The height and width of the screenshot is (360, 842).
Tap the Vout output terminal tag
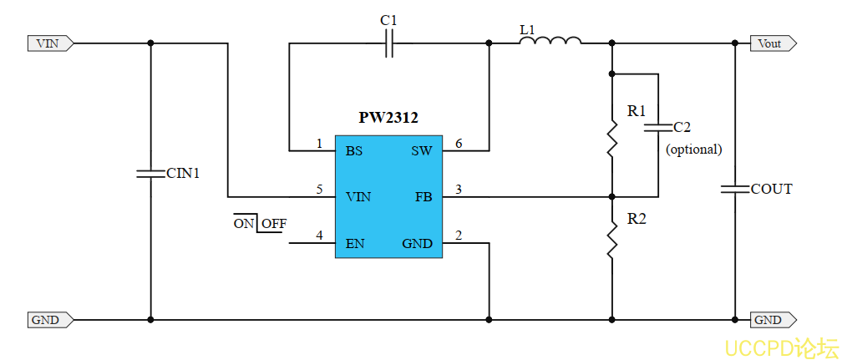(773, 43)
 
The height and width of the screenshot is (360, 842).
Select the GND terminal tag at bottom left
(49, 319)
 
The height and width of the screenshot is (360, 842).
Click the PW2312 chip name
(388, 119)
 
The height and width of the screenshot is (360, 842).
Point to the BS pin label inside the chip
(354, 151)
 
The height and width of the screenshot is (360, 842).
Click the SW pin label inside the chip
(421, 151)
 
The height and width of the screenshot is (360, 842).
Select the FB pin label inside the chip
(423, 197)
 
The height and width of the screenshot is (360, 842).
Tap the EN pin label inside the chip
(355, 244)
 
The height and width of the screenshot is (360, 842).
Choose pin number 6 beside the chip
(459, 144)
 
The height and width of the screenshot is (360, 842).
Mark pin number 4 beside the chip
(319, 236)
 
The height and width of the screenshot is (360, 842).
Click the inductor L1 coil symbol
(550, 41)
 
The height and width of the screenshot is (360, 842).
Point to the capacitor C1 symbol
(389, 43)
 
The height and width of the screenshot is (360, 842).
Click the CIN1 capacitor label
(183, 174)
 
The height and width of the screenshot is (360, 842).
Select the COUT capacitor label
(771, 190)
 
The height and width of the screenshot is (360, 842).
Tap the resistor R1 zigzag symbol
(612, 138)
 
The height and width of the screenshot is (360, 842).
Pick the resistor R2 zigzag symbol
(612, 241)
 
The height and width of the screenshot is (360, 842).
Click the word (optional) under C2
(693, 150)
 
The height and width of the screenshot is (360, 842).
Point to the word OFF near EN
(274, 224)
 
